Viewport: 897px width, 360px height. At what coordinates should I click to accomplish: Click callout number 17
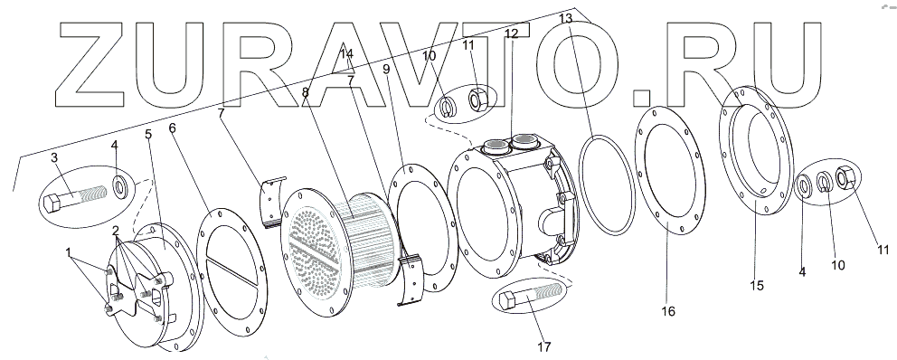544,346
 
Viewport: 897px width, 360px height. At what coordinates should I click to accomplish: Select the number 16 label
668,311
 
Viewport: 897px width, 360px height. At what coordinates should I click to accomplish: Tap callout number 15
757,286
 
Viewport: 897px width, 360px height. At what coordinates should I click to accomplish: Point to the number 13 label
565,19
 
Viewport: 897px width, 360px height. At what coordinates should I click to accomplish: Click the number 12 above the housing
511,33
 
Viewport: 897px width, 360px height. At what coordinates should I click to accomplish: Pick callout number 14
347,54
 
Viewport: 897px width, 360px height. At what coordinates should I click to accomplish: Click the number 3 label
54,158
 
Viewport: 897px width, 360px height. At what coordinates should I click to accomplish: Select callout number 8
306,93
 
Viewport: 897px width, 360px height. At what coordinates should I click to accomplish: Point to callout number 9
386,69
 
